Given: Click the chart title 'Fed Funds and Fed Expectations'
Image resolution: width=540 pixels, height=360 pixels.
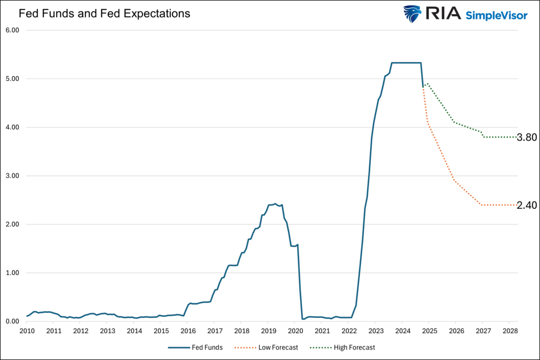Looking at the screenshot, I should point(104,14).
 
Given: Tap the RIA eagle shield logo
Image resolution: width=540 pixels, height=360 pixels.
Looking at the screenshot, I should point(413,14).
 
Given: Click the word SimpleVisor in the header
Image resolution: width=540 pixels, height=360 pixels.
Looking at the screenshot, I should point(496,15).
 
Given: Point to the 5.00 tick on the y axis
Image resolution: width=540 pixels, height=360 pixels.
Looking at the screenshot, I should point(12,79).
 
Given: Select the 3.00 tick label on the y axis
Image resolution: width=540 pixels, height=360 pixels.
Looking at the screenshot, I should point(12,176).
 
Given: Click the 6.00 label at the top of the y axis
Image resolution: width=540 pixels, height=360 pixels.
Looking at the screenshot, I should point(12,30).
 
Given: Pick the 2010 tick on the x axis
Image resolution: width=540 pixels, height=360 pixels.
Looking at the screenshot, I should point(26,330).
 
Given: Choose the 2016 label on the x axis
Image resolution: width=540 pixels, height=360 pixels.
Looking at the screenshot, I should point(188,330).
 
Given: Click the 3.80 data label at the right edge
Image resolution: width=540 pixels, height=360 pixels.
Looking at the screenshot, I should point(526,138).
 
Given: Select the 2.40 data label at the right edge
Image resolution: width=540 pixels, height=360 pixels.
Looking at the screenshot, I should point(526,206).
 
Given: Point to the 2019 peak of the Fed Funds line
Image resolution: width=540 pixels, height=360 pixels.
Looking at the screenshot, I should point(275,203).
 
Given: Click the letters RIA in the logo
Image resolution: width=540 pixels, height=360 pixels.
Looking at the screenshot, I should point(442,14).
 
